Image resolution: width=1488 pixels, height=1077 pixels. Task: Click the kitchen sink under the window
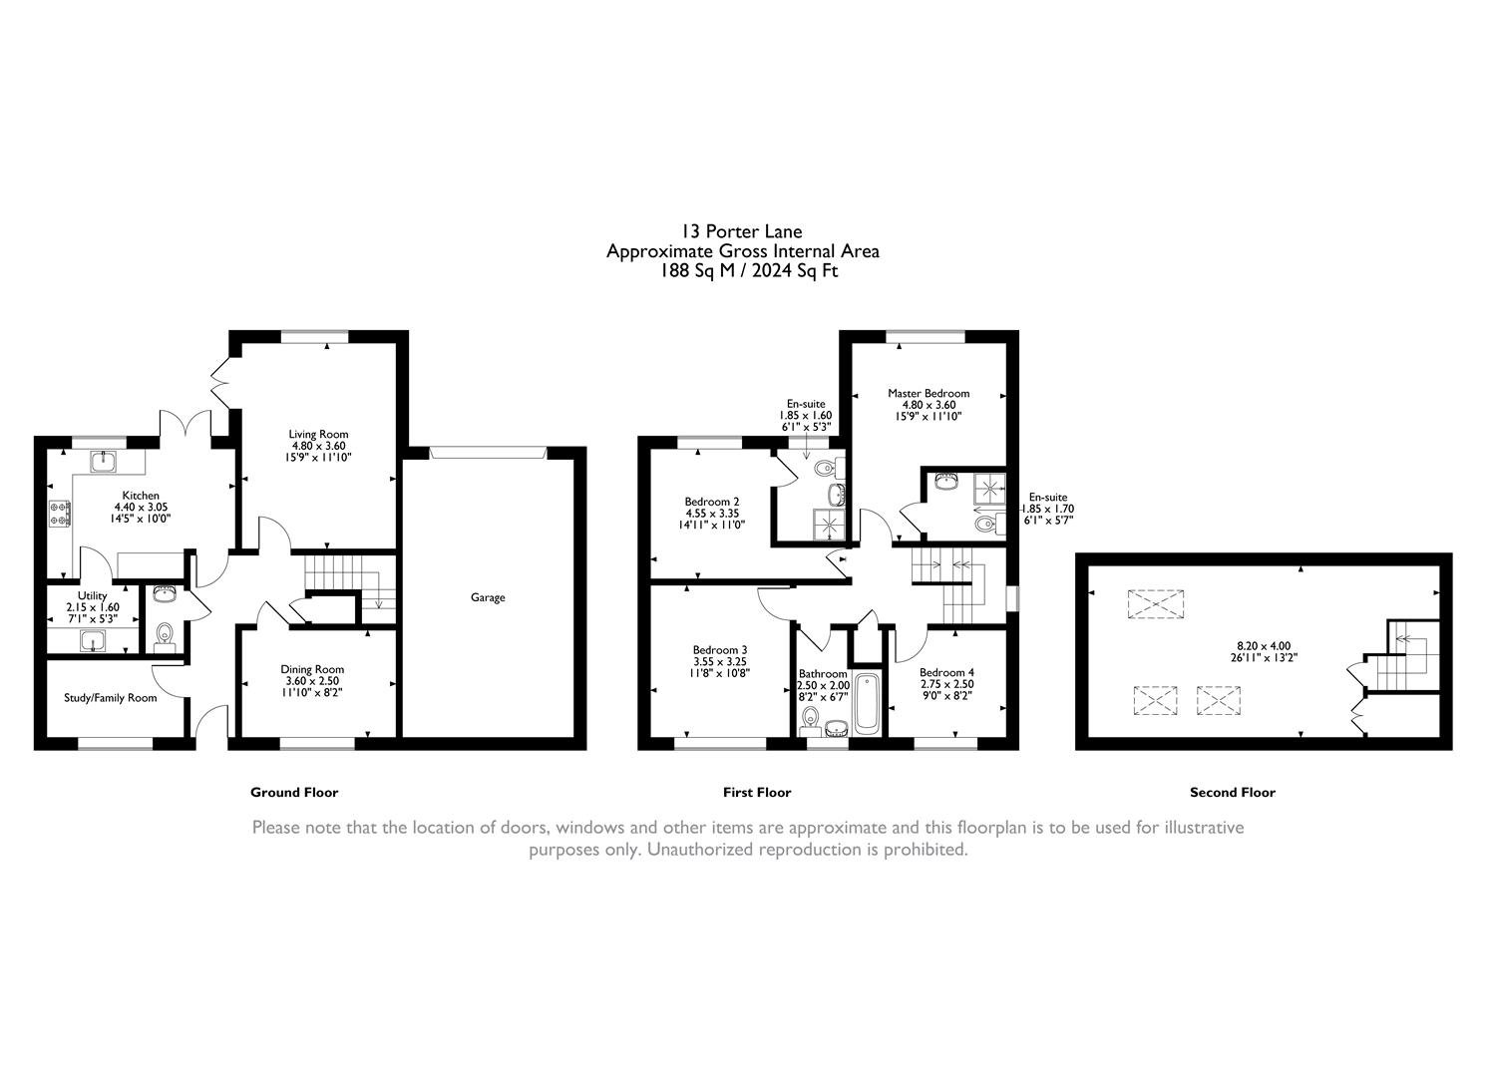click(103, 461)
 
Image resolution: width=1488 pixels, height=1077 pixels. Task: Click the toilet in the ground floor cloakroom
click(166, 635)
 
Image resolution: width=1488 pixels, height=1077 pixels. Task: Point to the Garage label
click(488, 598)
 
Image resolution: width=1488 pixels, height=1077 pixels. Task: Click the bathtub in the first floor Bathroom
click(867, 705)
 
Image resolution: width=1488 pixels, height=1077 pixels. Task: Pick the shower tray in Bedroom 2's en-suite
click(826, 525)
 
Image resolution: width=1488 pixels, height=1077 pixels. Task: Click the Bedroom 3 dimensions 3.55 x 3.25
click(719, 661)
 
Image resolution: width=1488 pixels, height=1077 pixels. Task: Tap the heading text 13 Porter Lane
click(742, 232)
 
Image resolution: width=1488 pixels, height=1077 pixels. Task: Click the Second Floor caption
click(1232, 793)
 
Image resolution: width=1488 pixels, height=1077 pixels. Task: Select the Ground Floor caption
click(294, 793)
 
